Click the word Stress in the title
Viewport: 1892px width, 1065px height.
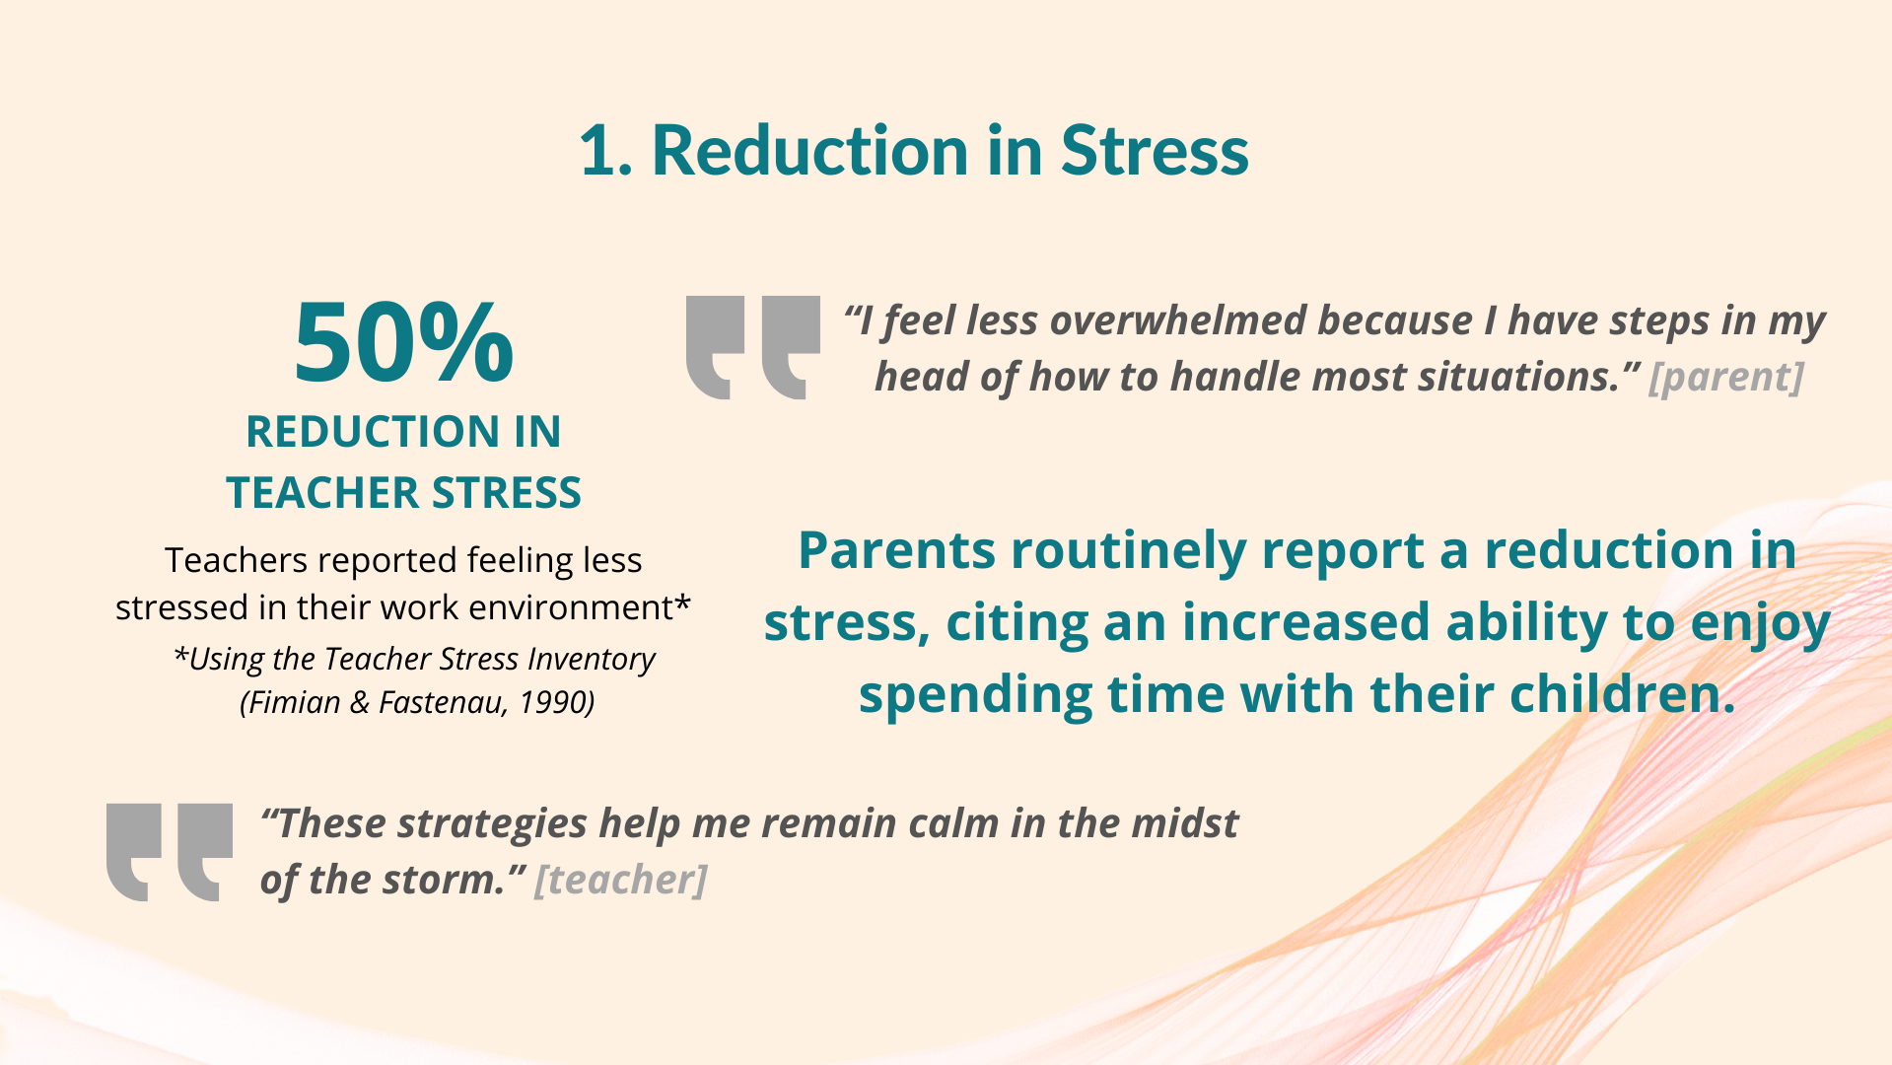tap(1155, 152)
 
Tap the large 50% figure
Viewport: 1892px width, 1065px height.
tap(403, 342)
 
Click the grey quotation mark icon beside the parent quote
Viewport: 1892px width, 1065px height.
tap(753, 347)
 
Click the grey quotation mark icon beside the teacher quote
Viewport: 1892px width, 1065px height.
tap(170, 852)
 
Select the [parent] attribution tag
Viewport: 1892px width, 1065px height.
tap(1726, 377)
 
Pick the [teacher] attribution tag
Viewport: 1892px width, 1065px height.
tap(620, 880)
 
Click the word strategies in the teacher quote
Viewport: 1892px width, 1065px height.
tap(493, 824)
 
